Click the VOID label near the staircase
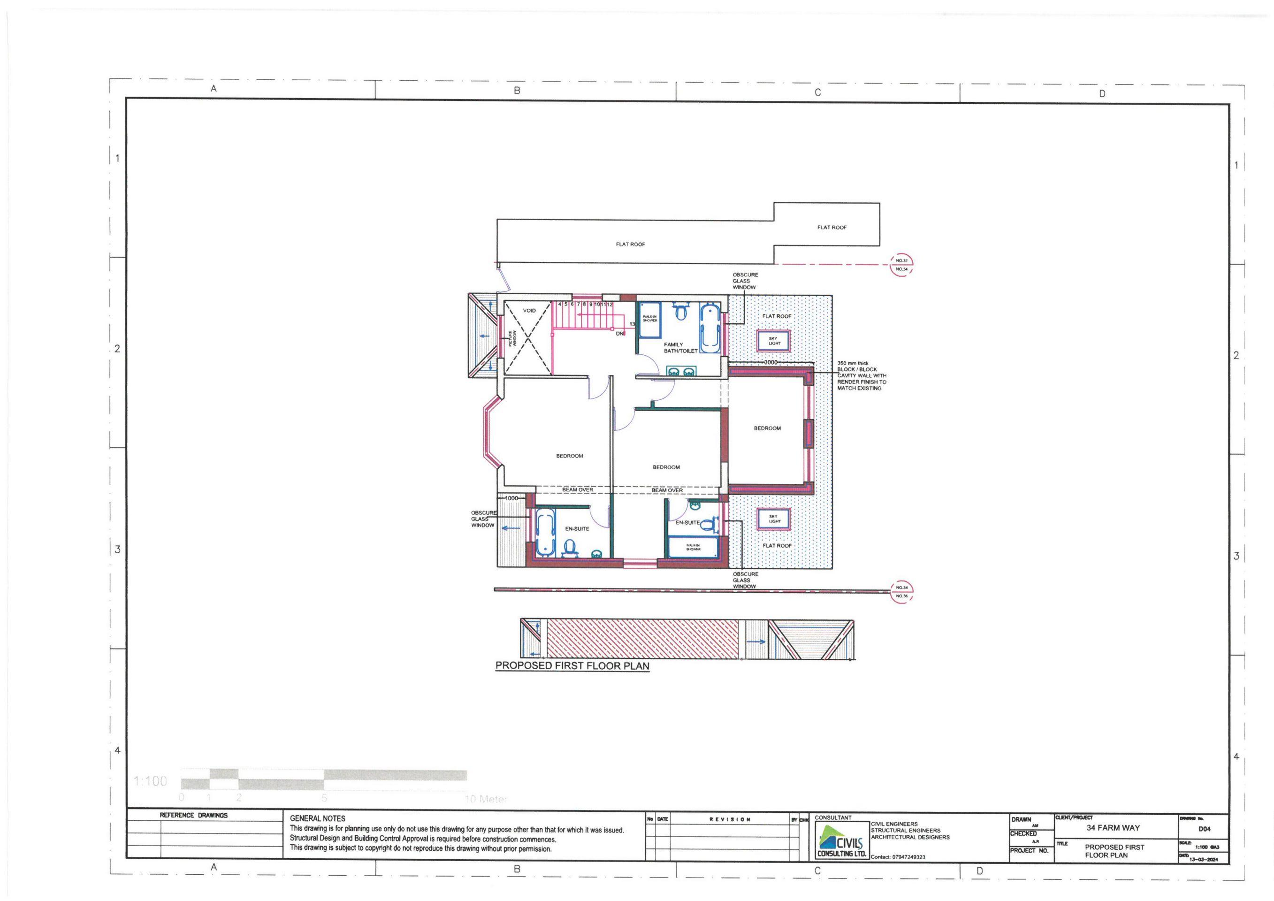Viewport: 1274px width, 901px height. click(529, 311)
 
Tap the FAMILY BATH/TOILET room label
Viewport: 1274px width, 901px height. click(680, 348)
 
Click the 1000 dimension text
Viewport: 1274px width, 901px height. click(511, 498)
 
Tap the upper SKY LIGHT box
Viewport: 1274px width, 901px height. click(773, 341)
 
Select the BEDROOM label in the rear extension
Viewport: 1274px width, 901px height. click(767, 428)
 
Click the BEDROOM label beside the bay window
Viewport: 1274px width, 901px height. click(569, 456)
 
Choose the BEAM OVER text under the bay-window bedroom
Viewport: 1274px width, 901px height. click(577, 490)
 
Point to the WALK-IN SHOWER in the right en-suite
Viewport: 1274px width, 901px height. click(693, 548)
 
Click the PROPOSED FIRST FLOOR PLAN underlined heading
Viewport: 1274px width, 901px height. click(572, 666)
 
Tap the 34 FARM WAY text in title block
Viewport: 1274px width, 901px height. click(1113, 828)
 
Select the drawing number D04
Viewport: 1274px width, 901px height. click(1204, 829)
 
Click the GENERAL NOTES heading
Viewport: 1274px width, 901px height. click(317, 818)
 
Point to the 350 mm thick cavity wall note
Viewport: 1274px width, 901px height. click(861, 375)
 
